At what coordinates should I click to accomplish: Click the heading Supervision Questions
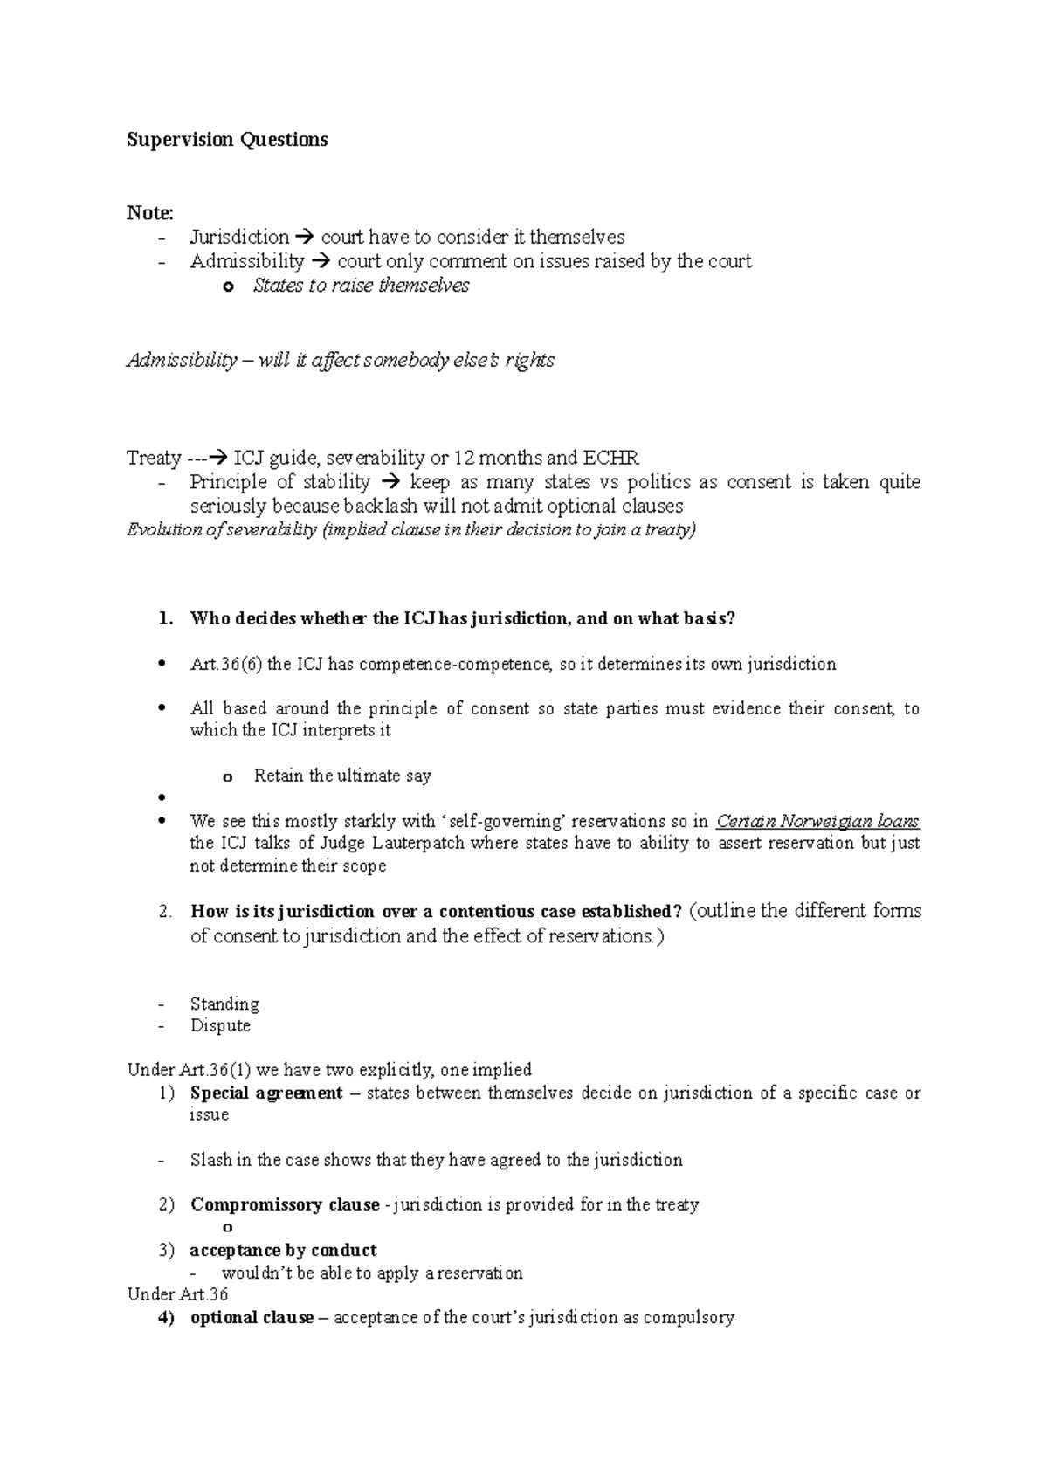[x=227, y=140]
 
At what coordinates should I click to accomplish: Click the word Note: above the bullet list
[x=150, y=213]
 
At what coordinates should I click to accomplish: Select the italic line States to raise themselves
[x=361, y=286]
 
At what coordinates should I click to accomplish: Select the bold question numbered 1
[x=463, y=619]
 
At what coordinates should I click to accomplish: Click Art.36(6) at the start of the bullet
[x=226, y=665]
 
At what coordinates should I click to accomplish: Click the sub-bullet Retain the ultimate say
[x=342, y=776]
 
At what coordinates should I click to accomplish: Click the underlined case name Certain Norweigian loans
[x=817, y=822]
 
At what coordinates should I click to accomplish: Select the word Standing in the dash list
[x=224, y=1004]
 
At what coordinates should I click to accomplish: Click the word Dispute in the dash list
[x=220, y=1025]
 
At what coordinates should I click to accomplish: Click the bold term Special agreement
[x=266, y=1093]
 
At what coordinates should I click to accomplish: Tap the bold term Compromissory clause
[x=285, y=1205]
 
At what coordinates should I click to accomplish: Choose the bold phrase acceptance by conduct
[x=283, y=1251]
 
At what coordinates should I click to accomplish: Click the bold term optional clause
[x=252, y=1318]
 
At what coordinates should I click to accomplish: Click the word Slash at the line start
[x=210, y=1161]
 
